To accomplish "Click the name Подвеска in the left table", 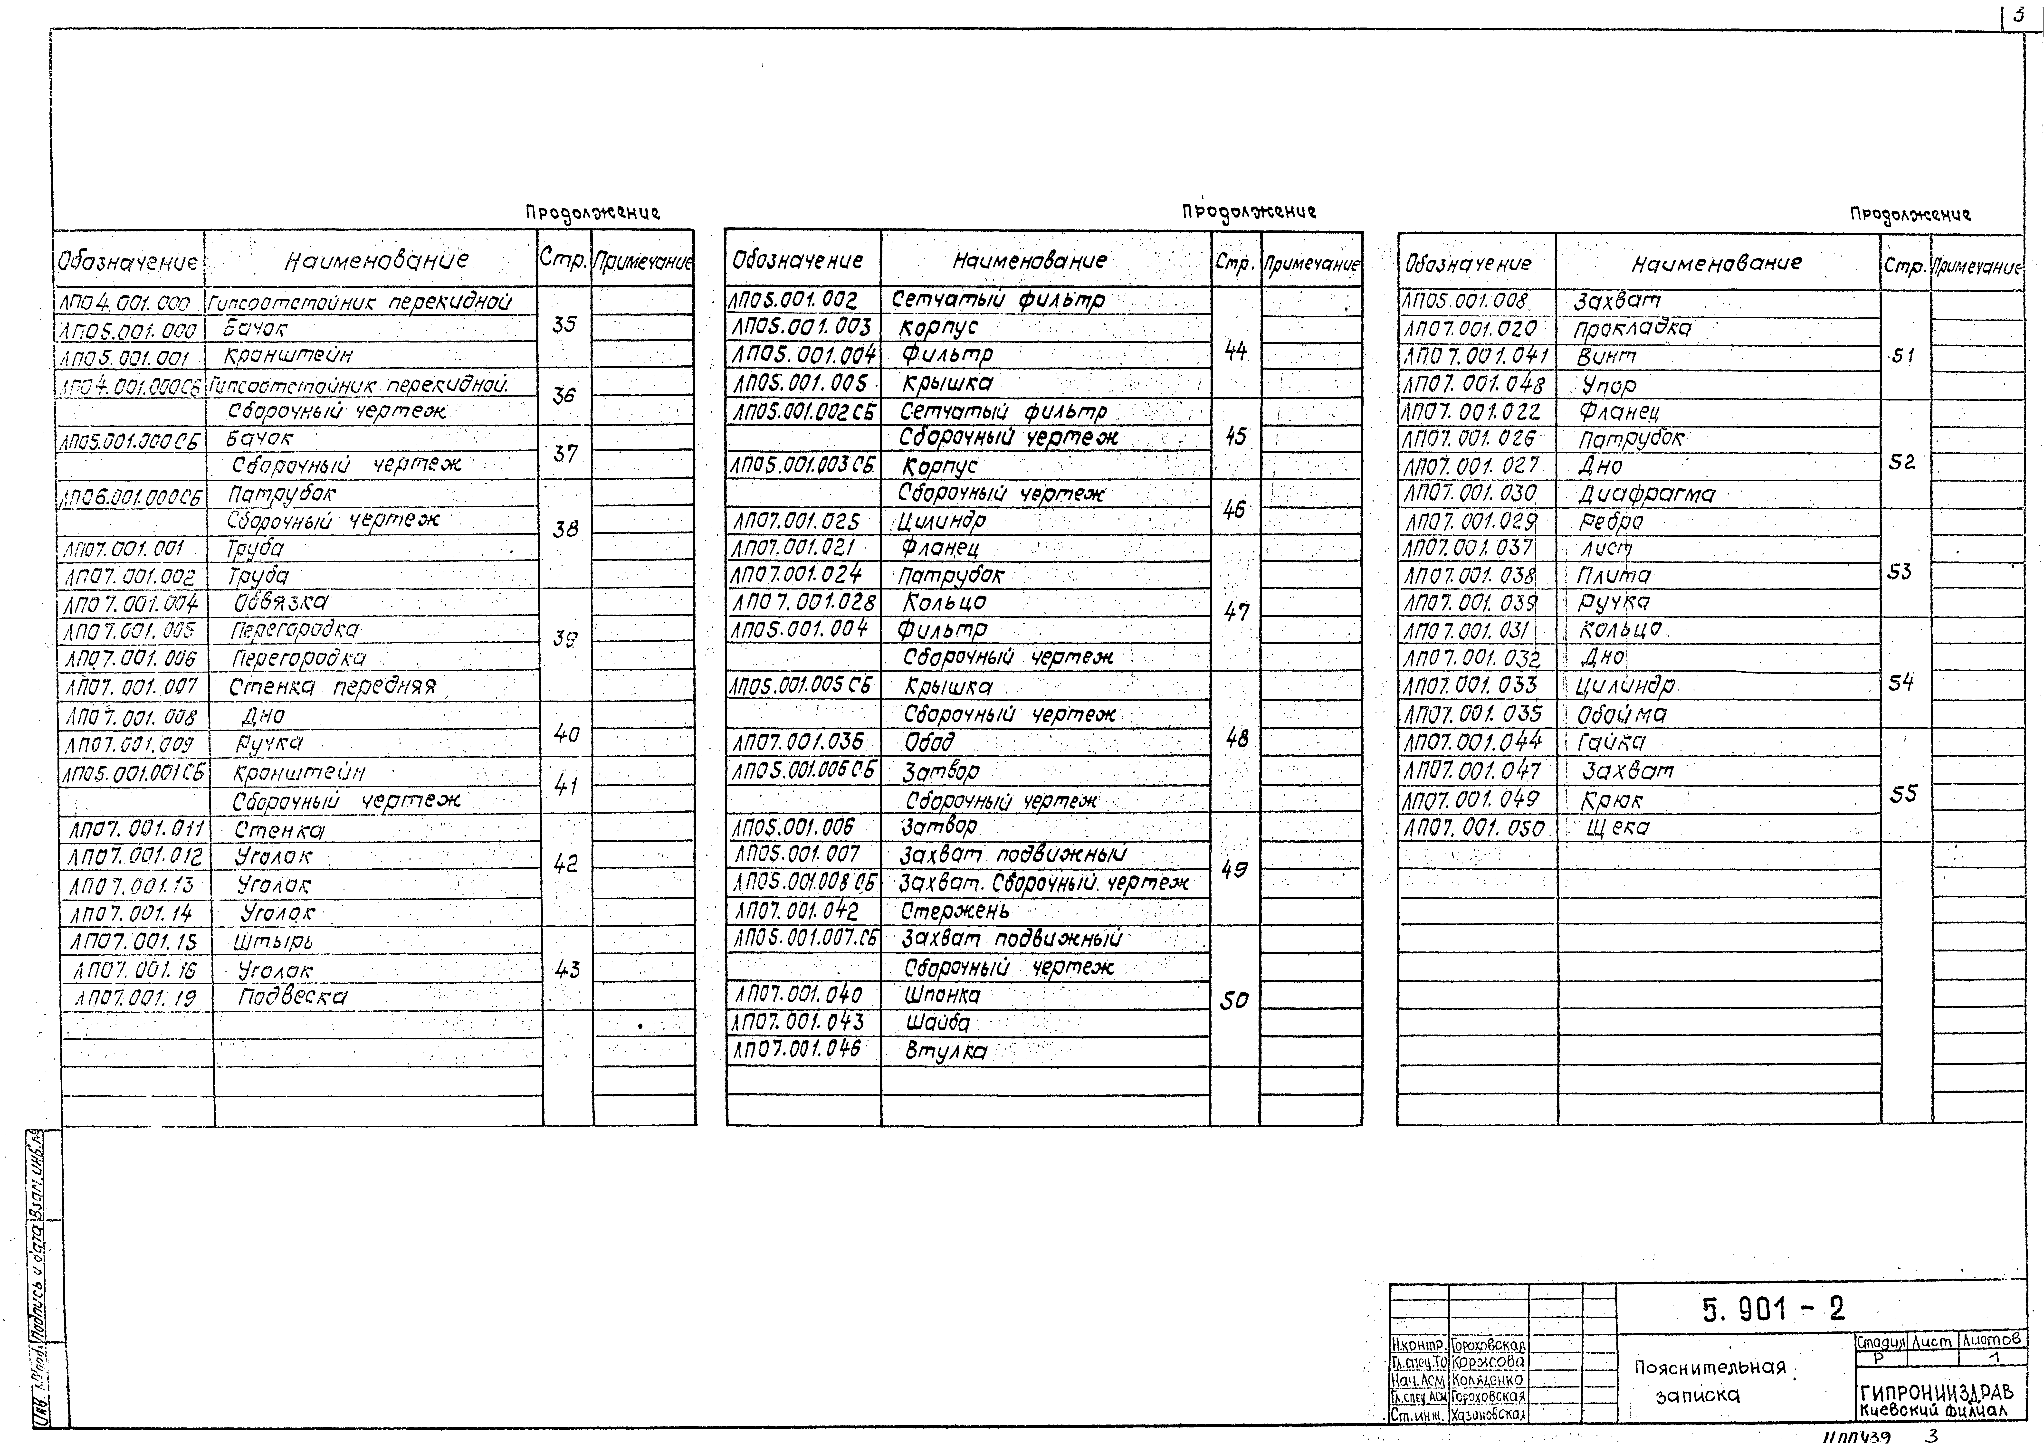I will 292,997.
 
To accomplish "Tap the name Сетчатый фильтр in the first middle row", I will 997,300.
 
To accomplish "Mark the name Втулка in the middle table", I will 946,1051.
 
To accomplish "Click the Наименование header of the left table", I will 376,260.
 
